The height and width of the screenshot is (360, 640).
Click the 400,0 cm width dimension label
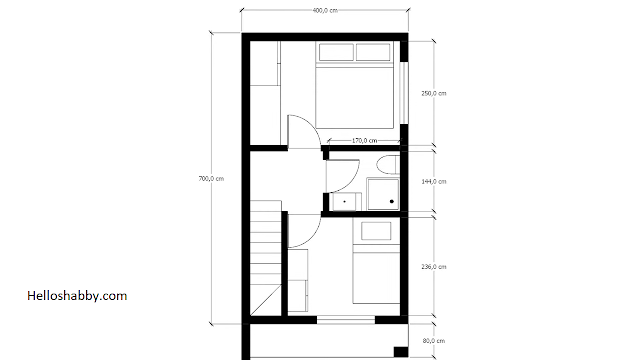[325, 10]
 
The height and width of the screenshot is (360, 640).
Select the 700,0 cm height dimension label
[211, 178]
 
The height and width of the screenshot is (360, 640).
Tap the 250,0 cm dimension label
[434, 93]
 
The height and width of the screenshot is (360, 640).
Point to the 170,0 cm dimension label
[364, 140]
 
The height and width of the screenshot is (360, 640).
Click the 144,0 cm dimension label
[434, 181]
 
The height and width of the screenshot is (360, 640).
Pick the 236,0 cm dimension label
[434, 267]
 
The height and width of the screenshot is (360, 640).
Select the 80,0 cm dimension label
[434, 340]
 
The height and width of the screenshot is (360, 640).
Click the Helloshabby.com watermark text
[77, 296]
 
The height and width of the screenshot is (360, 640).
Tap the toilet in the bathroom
[388, 165]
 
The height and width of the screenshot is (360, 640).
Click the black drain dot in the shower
[392, 201]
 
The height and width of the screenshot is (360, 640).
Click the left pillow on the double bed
[336, 52]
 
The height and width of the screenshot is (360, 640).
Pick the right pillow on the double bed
[373, 52]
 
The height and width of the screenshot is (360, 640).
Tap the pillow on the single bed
[376, 231]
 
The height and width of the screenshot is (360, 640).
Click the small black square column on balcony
[400, 352]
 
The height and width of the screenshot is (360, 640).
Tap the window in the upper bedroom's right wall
[403, 93]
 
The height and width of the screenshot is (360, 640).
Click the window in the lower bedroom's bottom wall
[346, 320]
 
